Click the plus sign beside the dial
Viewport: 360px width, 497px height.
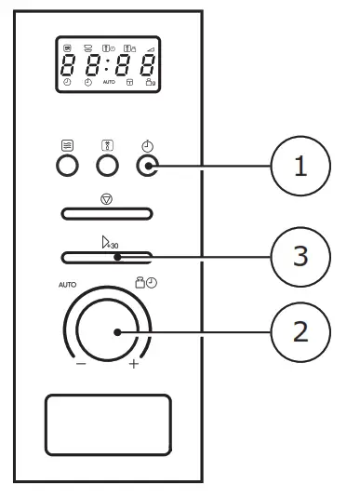[134, 364]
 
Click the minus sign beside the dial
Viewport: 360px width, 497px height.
[82, 364]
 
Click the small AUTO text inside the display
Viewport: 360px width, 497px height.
[109, 83]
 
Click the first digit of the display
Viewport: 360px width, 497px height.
[68, 65]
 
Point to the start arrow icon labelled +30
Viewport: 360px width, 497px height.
[109, 242]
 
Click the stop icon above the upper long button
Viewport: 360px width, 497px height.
[108, 198]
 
